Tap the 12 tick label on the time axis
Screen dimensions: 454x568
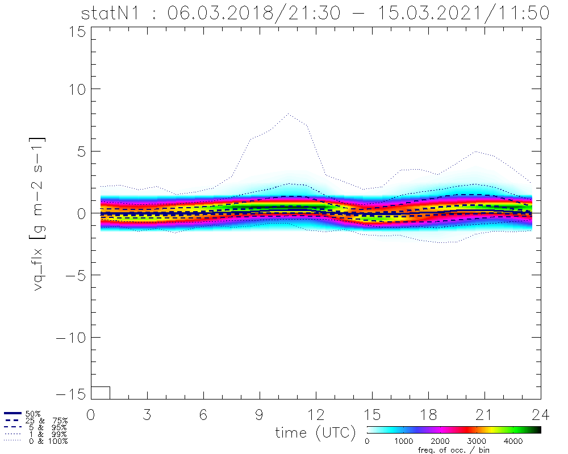coord(316,414)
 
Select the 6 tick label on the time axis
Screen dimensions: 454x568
coord(203,414)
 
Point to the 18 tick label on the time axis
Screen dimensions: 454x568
coord(428,414)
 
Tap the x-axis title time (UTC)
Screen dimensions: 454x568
coord(315,432)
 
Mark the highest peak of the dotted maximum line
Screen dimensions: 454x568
coord(289,113)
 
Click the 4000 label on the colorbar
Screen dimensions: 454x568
coord(513,441)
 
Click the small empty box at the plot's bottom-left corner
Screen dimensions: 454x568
coord(100,392)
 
